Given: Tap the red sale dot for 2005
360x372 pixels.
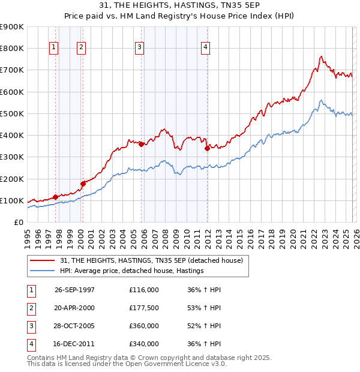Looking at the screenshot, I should (x=141, y=144).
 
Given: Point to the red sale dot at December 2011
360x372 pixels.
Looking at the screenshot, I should (x=206, y=148).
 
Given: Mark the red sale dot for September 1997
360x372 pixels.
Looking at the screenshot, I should (x=56, y=197).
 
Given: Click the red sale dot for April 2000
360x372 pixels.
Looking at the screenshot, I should (x=83, y=184).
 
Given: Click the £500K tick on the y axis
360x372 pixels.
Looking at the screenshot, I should (x=11, y=113).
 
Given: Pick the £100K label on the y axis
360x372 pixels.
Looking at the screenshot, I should (x=11, y=200).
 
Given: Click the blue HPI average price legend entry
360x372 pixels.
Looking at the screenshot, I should (x=132, y=271).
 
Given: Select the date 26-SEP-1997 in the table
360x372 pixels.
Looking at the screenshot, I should (x=74, y=289).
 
